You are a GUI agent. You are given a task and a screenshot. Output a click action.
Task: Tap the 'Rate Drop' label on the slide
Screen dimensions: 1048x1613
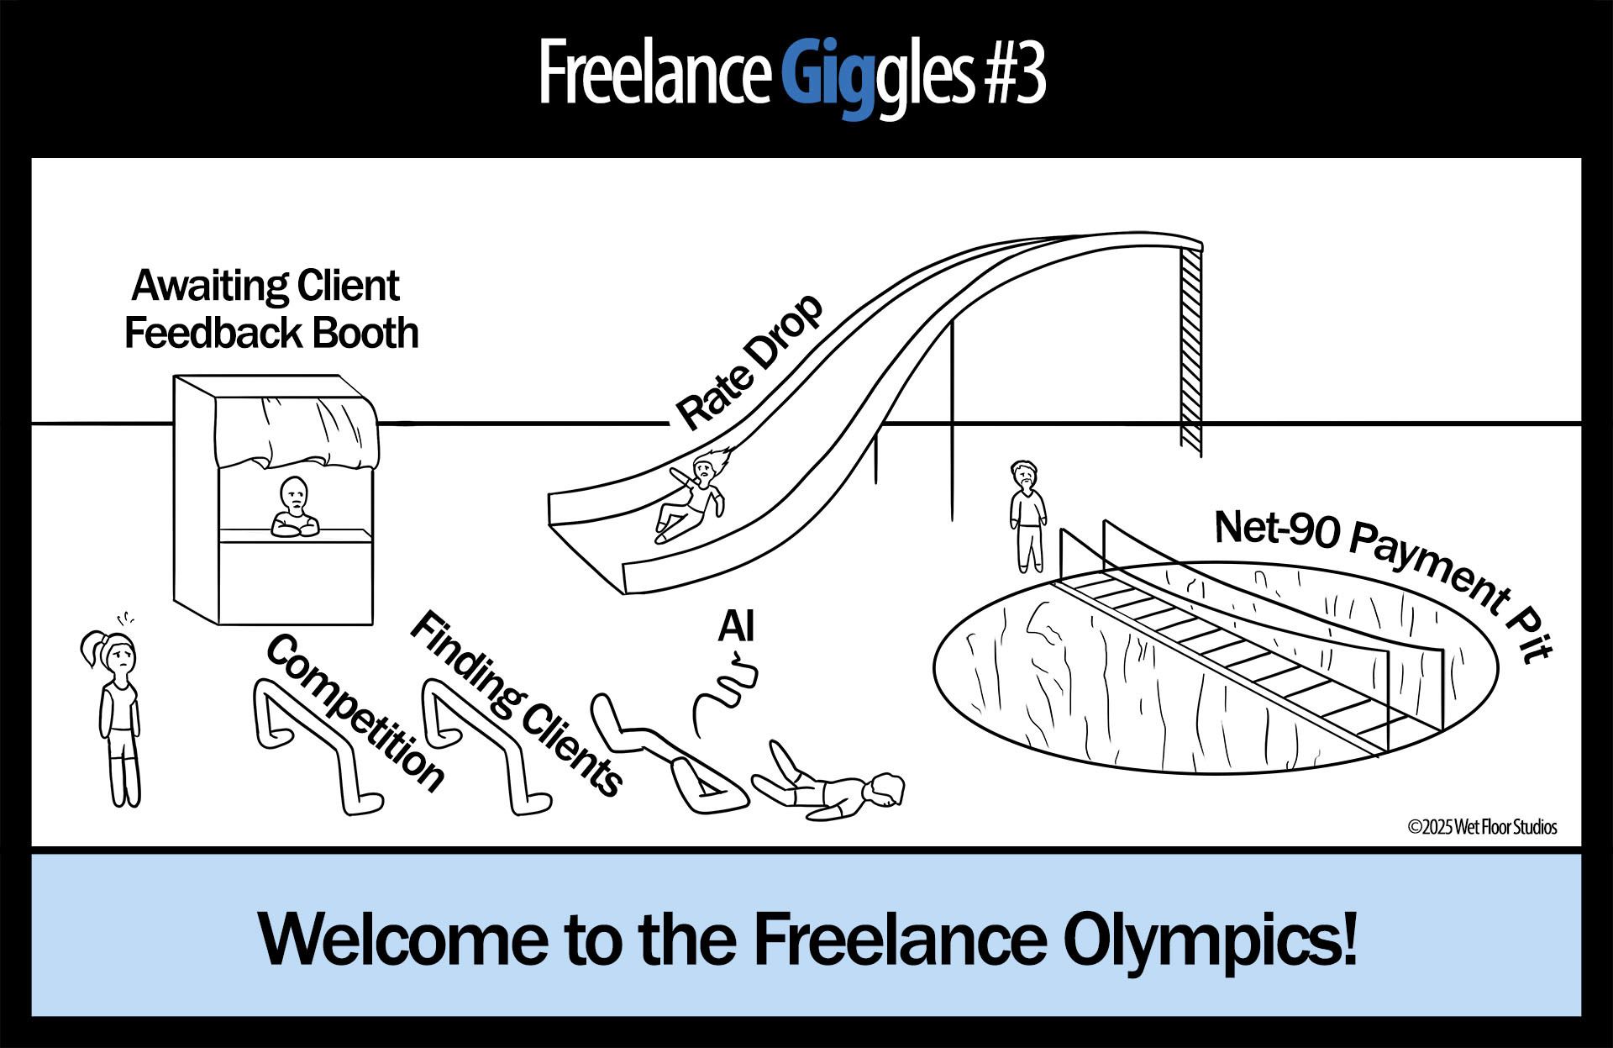tap(749, 362)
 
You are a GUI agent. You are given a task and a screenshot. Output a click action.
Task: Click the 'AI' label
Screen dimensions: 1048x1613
tap(735, 626)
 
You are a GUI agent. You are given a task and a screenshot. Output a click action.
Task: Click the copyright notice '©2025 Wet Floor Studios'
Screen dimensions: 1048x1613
tap(1482, 827)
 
